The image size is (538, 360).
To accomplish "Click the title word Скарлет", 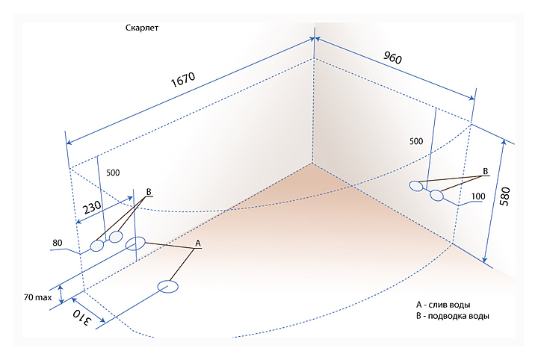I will tap(142, 28).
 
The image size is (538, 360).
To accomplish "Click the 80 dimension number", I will tap(57, 243).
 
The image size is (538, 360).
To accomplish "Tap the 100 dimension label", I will tap(478, 197).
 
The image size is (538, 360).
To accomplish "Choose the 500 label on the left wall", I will tap(113, 173).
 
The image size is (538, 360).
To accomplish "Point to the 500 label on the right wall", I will tap(416, 140).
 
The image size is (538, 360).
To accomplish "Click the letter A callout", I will tap(198, 243).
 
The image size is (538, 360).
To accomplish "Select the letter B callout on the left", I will tap(149, 192).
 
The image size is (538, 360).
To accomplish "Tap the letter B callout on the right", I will tap(486, 172).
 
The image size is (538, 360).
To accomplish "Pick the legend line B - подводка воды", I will tap(453, 317).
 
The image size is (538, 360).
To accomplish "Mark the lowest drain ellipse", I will tap(168, 287).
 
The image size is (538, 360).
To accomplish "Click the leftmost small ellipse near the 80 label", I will tap(97, 246).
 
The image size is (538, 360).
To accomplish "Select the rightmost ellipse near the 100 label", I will tap(437, 196).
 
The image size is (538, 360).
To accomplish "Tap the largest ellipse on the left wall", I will tap(136, 243).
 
